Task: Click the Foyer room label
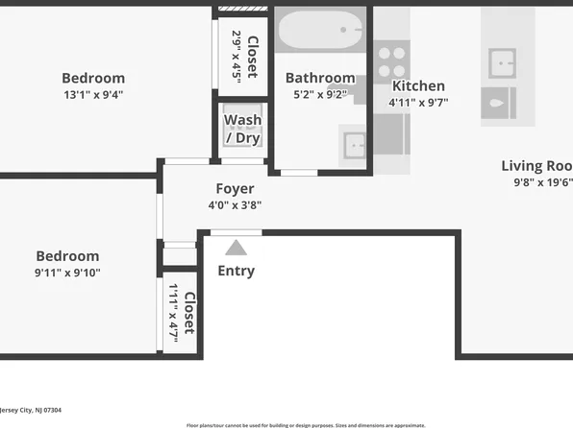coord(235,189)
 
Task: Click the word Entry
coord(236,271)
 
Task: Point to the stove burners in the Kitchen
coord(391,62)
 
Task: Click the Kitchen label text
coord(418,85)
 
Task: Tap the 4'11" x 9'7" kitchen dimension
coord(418,102)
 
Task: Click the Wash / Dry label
coord(242,129)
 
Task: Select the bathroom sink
coord(354,145)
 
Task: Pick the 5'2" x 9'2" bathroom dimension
coord(320,94)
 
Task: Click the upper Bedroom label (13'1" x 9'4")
coord(93,78)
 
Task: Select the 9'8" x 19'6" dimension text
coord(542,181)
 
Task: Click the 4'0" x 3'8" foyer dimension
coord(235,204)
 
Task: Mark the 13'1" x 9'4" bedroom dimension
coord(93,94)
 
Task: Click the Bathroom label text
coord(320,78)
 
